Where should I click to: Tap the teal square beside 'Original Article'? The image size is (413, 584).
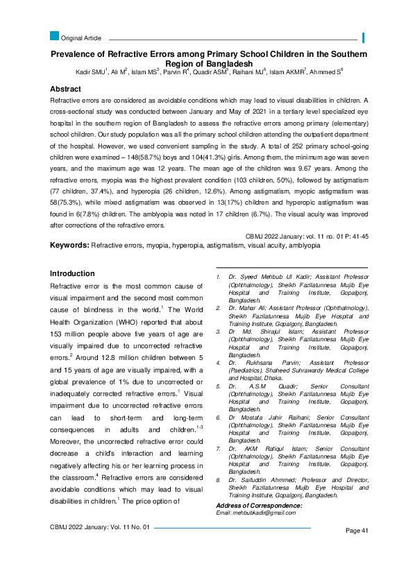click(x=54, y=36)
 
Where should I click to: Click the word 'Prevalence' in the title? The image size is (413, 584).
click(x=76, y=54)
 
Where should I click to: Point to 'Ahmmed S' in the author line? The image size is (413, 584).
click(x=325, y=72)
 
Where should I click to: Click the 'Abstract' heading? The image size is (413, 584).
click(x=69, y=89)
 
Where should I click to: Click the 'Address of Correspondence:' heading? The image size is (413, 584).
click(x=259, y=506)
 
